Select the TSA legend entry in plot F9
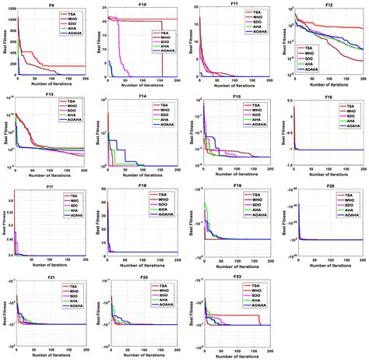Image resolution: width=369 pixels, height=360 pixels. [x=69, y=12]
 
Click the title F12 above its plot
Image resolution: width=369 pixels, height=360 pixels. [x=329, y=4]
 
